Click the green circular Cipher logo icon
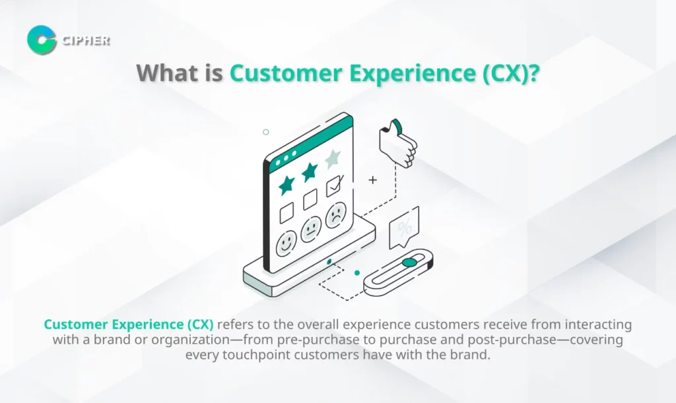point(42,40)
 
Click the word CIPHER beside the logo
point(86,40)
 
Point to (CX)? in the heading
point(511,74)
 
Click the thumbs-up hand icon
point(398,143)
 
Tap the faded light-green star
point(333,158)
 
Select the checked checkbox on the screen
point(334,185)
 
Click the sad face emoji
point(336,215)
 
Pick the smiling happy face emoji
point(287,243)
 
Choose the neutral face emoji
point(311,230)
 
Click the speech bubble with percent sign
point(404,228)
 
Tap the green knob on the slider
point(409,263)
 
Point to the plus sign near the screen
point(373,179)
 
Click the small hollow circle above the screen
point(266,132)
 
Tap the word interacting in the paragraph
point(598,325)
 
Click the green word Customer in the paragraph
point(76,325)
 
